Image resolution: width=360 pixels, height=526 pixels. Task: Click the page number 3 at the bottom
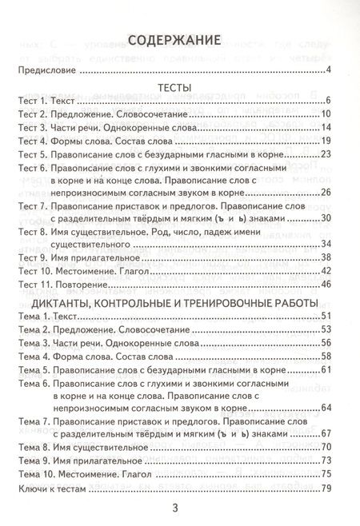179,511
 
